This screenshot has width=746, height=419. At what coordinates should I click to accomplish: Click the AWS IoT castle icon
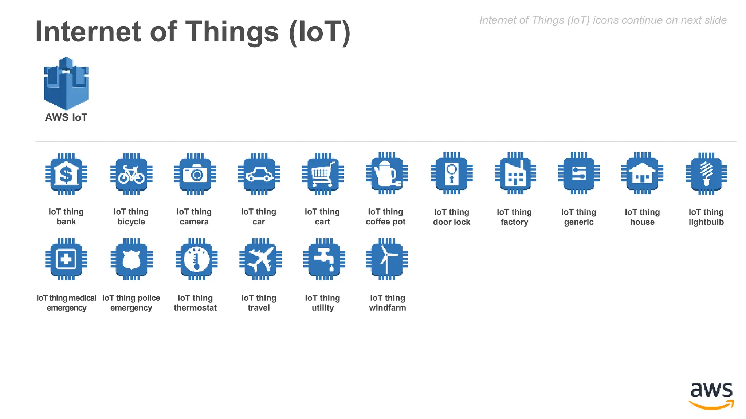pos(66,83)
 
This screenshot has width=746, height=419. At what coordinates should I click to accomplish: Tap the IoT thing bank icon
pos(66,174)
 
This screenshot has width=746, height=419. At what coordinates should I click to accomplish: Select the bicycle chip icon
pos(131,174)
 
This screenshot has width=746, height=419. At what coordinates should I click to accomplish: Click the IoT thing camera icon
pos(195,174)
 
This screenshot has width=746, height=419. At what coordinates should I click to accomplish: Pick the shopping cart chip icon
pos(323,174)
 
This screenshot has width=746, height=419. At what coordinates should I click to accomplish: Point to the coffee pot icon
pos(386,174)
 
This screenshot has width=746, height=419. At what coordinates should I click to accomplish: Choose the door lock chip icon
pos(451,174)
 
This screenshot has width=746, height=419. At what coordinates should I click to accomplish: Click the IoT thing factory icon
pos(515,174)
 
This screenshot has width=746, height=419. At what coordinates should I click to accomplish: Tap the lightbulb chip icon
pos(706,174)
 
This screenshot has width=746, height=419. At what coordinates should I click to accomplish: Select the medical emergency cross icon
pos(66,259)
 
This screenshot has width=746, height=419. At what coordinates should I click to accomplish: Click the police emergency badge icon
pos(131,259)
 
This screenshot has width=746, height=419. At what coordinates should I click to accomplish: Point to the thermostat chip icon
pos(196,259)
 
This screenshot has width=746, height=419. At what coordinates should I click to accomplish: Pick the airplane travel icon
pos(260,259)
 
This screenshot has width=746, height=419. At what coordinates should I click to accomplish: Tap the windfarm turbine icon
pos(386,259)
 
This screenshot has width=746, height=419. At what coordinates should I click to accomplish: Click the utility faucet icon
pos(324,259)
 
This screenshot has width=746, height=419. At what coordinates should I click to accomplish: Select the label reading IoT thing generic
pos(578,217)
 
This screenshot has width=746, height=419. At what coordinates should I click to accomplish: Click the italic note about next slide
pos(602,20)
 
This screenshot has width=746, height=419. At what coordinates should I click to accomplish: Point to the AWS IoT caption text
pos(66,117)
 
